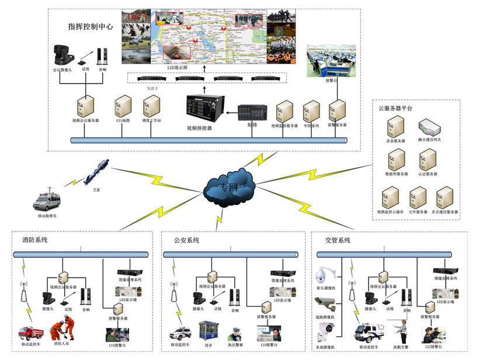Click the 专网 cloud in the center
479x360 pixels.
tap(230, 186)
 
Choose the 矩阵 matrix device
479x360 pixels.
tap(253, 113)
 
